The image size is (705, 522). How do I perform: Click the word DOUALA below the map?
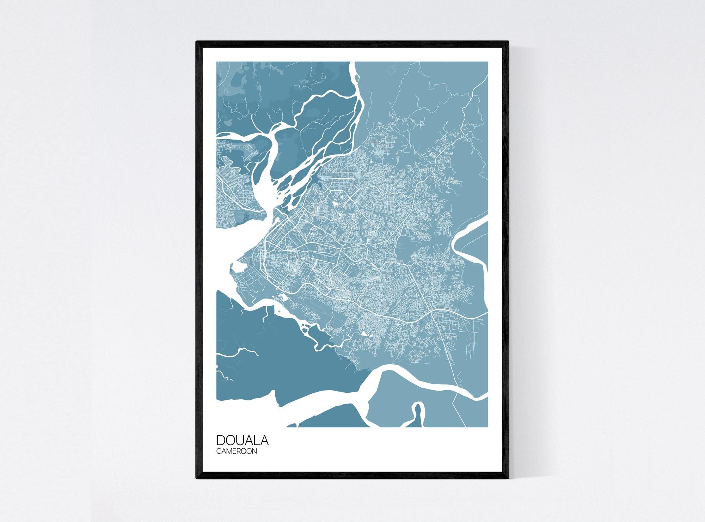(242, 441)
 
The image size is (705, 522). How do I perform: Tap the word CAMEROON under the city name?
(236, 451)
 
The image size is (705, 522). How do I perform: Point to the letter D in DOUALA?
(221, 441)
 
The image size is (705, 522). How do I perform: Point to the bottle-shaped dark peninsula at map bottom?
(417, 418)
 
